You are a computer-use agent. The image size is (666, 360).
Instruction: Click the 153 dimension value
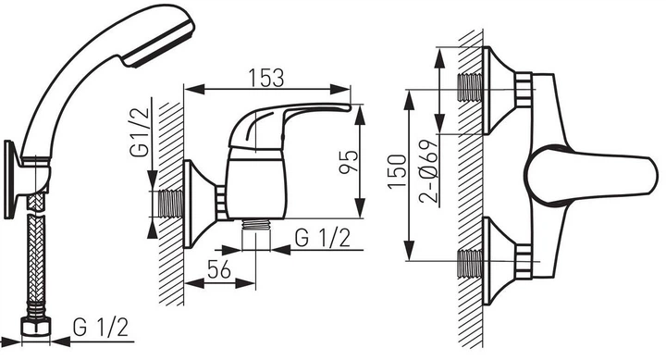[265, 78]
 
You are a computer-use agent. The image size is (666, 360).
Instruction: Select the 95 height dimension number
[349, 162]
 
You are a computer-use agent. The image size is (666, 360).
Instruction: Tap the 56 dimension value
[219, 269]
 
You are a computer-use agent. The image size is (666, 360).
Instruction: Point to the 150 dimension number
[397, 171]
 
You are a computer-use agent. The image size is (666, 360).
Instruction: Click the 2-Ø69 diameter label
[428, 172]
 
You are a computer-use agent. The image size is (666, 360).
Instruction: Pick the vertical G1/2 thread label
[141, 132]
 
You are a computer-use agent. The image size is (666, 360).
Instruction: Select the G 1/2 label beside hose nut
[101, 328]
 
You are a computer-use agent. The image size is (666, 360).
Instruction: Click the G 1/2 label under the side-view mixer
[323, 238]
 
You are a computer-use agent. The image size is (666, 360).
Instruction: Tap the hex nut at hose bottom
[35, 327]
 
